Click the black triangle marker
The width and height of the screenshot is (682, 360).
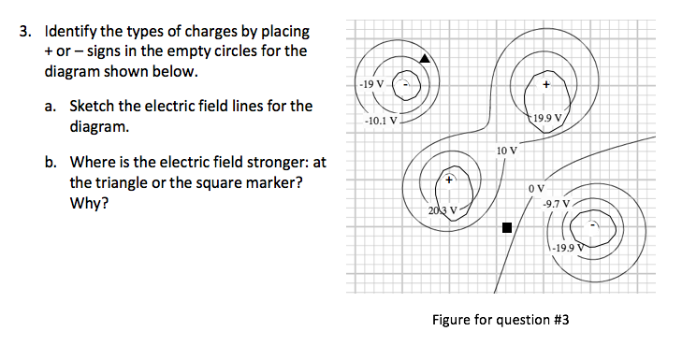click(x=426, y=59)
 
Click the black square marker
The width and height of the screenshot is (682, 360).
click(x=506, y=227)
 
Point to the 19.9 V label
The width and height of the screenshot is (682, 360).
click(x=545, y=119)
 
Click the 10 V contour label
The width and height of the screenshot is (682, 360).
click(x=507, y=150)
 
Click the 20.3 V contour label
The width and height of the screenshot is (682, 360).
click(x=443, y=211)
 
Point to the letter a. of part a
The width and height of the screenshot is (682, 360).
click(x=52, y=106)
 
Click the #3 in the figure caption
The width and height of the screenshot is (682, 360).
click(x=559, y=320)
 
